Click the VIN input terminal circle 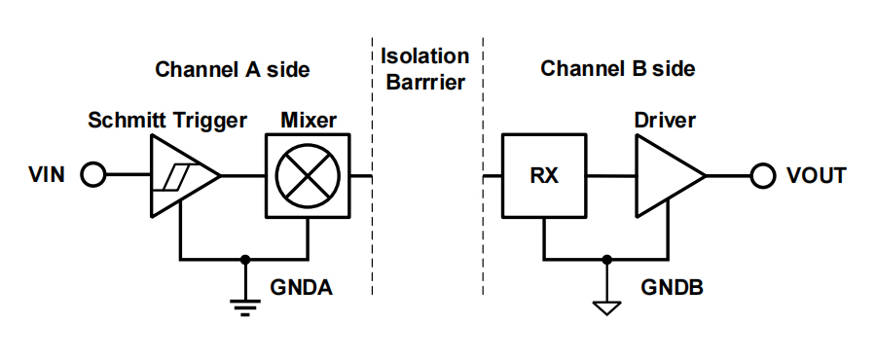92,176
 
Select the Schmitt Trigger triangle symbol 180,176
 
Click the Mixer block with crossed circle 308,176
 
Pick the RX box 544,176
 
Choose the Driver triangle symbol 665,176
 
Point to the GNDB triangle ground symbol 606,308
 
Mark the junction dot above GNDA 245,260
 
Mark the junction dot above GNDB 606,260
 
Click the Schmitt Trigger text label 166,121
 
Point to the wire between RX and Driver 610,176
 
